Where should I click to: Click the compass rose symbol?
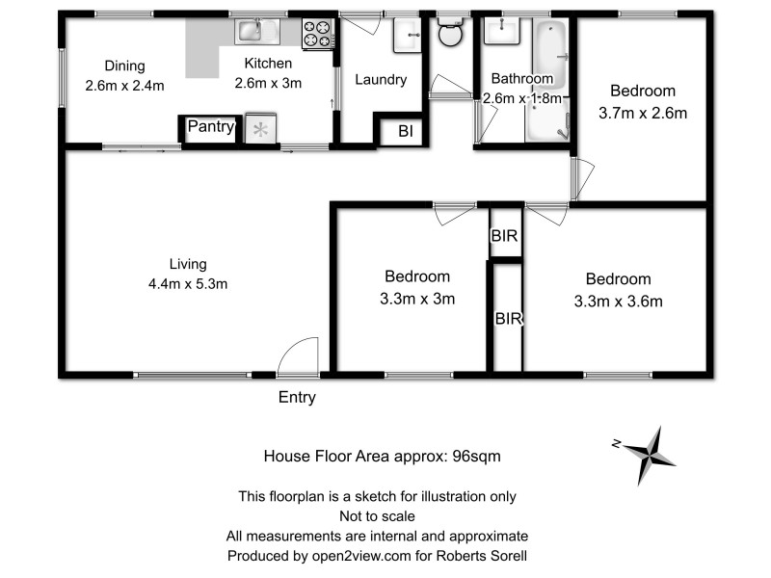(651, 455)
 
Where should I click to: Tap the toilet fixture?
(449, 36)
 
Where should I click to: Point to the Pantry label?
(211, 127)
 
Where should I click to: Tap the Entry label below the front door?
(297, 396)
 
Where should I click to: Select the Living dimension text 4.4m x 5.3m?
(188, 283)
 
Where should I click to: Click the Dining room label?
(124, 66)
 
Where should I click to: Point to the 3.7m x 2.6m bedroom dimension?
(643, 113)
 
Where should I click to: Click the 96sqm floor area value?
(478, 456)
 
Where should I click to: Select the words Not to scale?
(378, 516)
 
